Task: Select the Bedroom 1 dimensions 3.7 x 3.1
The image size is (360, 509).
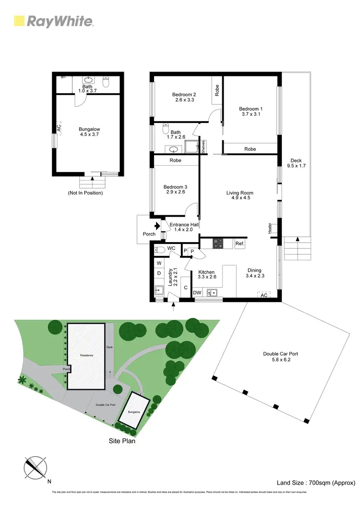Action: [x=251, y=114]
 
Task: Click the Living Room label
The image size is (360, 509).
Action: [x=240, y=193]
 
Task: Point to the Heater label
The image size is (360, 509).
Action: [x=271, y=228]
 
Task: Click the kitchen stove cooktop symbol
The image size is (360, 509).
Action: [x=218, y=244]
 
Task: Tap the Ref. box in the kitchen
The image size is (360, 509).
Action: [x=240, y=244]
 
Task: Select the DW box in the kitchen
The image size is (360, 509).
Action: [x=197, y=292]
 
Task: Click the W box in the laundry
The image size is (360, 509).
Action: [x=159, y=263]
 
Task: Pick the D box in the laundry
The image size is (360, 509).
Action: [x=159, y=274]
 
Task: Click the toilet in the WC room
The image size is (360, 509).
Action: [x=160, y=250]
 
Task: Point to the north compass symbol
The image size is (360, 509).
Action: [x=36, y=467]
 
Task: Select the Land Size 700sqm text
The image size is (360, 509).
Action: [x=315, y=483]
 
